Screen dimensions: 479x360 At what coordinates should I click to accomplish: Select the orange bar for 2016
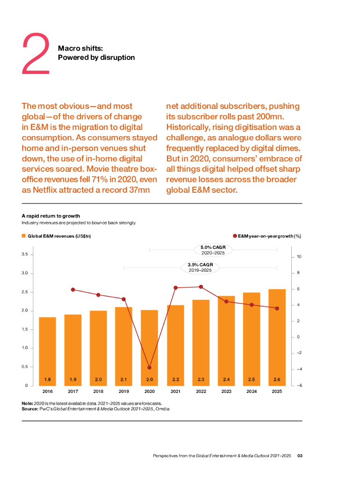(47, 351)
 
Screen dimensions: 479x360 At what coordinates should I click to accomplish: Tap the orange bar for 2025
(277, 337)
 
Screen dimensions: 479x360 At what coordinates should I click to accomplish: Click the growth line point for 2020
(150, 368)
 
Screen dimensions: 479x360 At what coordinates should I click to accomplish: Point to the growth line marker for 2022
(201, 287)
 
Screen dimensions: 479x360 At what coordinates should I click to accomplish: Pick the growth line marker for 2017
(73, 290)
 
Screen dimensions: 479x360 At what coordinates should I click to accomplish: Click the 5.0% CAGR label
(213, 247)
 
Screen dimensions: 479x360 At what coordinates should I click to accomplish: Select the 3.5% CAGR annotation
(200, 265)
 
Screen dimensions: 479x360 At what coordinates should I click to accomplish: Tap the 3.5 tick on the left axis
(24, 254)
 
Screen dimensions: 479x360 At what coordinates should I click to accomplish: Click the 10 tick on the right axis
(298, 257)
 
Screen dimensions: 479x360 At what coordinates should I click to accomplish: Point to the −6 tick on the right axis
(297, 385)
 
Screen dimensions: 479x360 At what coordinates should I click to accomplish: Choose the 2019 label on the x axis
(124, 392)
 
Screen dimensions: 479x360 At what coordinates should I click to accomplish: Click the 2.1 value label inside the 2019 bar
(124, 379)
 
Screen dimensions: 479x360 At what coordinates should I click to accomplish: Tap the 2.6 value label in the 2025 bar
(277, 379)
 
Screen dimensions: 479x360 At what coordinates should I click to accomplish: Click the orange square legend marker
(24, 236)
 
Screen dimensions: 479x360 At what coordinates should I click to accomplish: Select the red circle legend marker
(235, 236)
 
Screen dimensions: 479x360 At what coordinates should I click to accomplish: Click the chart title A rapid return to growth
(51, 216)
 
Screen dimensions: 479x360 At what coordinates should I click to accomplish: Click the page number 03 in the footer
(301, 455)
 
